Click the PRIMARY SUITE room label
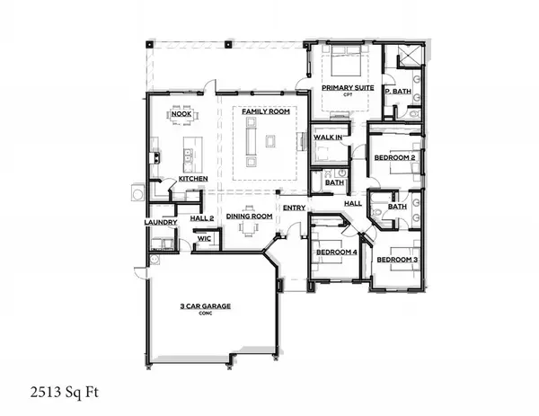click(x=346, y=87)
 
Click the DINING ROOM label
click(x=248, y=217)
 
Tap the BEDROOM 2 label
click(x=394, y=158)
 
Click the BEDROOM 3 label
click(x=396, y=260)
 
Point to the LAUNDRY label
click(x=158, y=222)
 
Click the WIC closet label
click(x=203, y=239)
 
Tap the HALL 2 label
click(x=202, y=217)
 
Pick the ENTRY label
click(x=294, y=208)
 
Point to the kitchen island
click(x=190, y=155)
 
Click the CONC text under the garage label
click(x=204, y=314)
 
